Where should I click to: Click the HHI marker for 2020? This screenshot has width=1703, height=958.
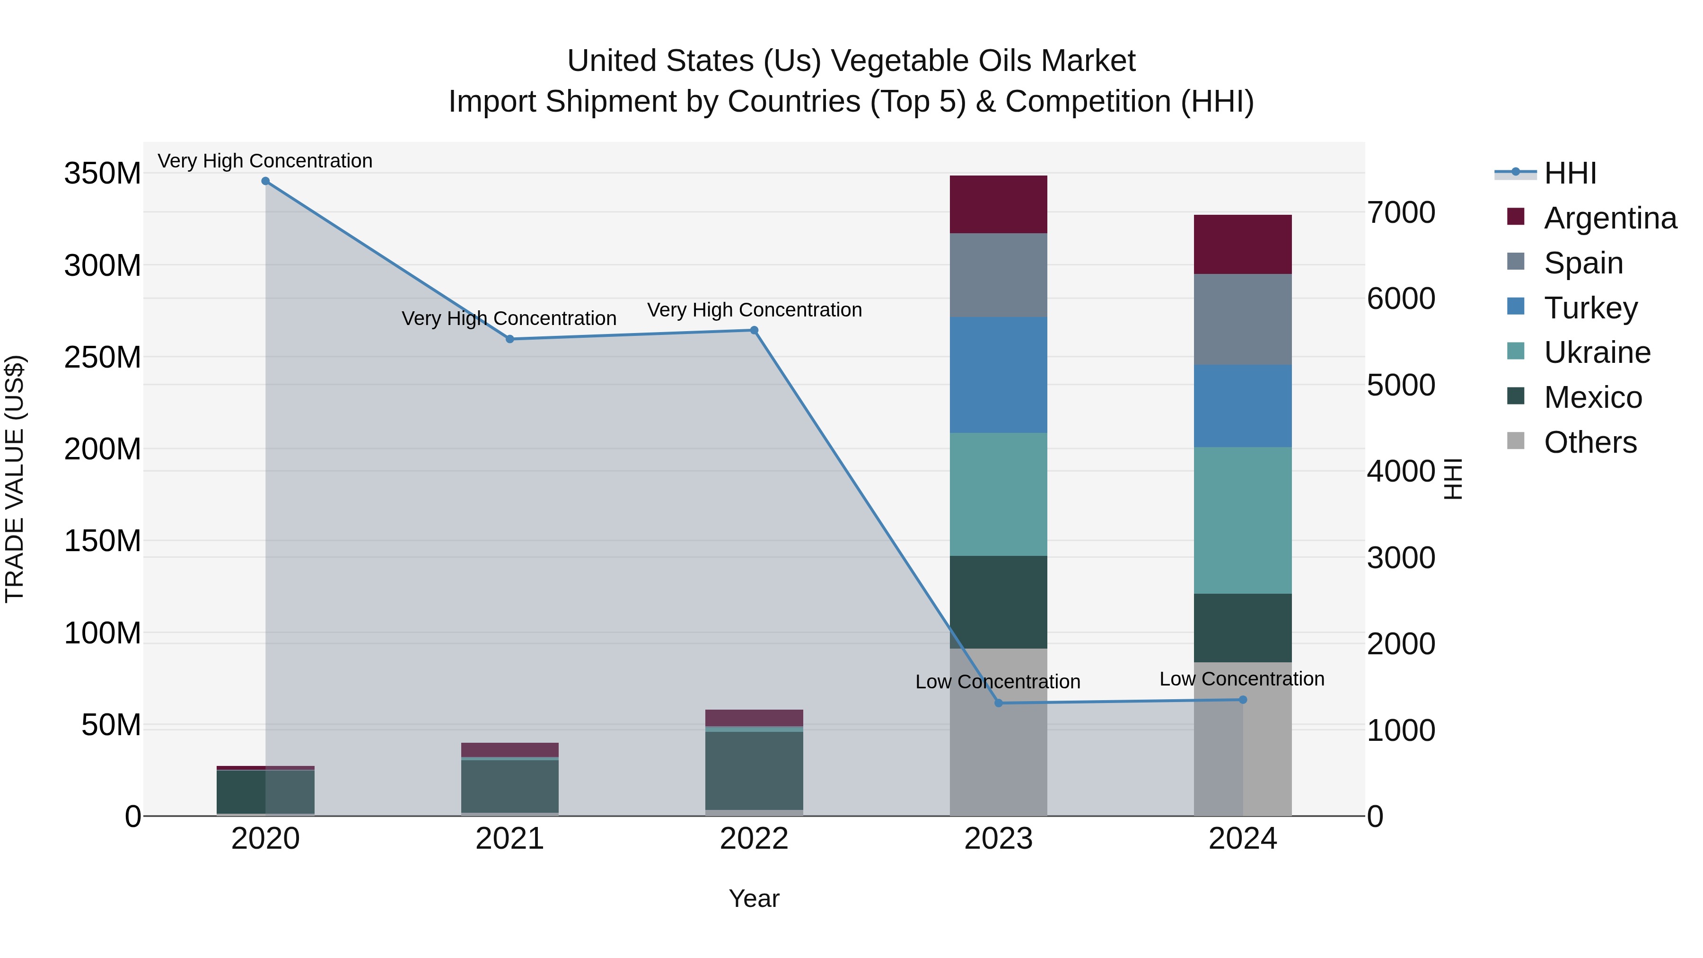tap(265, 181)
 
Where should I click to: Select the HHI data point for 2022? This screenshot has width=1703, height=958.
tap(754, 330)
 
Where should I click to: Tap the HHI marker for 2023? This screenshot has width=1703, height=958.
tap(998, 703)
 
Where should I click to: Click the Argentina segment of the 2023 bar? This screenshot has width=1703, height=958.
tap(998, 204)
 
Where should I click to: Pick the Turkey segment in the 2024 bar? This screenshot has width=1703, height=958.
tap(1242, 406)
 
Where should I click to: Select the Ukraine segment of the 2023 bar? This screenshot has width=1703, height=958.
tap(998, 494)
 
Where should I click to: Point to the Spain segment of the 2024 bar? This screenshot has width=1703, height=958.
tap(1242, 319)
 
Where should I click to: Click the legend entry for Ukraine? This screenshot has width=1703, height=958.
tap(1597, 352)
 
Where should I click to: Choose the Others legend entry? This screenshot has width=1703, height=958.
tap(1589, 442)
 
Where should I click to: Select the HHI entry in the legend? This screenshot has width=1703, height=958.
tap(1570, 173)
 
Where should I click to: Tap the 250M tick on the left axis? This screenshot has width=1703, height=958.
tap(103, 357)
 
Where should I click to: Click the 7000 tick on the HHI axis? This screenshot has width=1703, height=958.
tap(1400, 212)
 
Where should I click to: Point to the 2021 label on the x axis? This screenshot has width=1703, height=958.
tap(509, 839)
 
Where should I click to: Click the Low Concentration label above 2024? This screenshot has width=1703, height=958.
tap(1242, 679)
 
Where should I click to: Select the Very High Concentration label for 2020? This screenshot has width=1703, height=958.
tap(265, 161)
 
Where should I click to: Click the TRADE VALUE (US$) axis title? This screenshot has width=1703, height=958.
tap(15, 479)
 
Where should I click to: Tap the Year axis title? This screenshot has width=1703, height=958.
tap(754, 898)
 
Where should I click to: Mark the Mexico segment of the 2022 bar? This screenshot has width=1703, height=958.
tap(754, 770)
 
